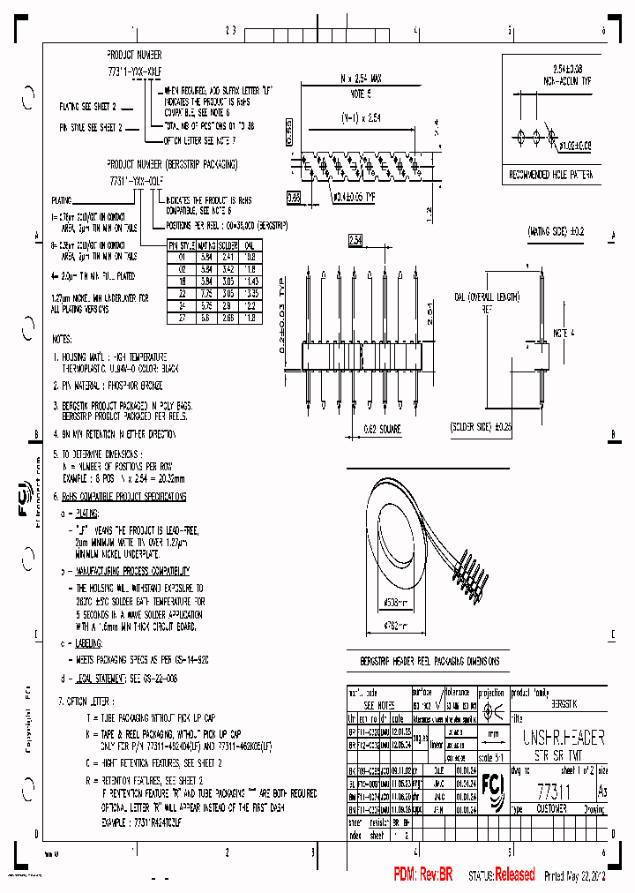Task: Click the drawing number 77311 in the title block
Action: pyautogui.click(x=555, y=793)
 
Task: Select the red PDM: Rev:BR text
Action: pyautogui.click(x=422, y=874)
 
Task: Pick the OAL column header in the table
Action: pyautogui.click(x=250, y=245)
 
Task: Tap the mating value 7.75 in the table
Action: pyautogui.click(x=205, y=292)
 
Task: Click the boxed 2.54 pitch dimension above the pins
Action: pyautogui.click(x=355, y=239)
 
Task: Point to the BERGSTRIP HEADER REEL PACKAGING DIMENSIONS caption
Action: pyautogui.click(x=430, y=661)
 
